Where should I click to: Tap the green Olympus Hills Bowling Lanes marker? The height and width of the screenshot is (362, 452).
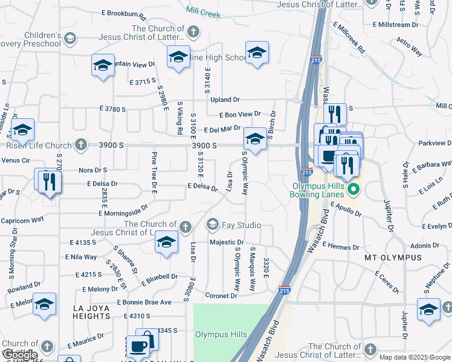(x=355, y=191)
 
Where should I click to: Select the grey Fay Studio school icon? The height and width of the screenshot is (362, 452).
(x=211, y=225)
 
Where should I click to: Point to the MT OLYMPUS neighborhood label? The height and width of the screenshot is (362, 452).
(x=393, y=258)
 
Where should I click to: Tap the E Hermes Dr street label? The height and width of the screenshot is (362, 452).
(x=341, y=246)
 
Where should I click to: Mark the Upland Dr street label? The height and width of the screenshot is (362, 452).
(x=225, y=100)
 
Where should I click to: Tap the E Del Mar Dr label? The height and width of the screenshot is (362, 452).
(x=222, y=129)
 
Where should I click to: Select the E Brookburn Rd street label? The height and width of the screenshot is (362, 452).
(x=124, y=13)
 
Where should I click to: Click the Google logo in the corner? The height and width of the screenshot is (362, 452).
(x=19, y=354)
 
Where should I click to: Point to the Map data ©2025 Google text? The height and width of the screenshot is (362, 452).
(x=415, y=357)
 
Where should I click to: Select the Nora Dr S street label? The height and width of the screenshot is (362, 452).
(x=92, y=170)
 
